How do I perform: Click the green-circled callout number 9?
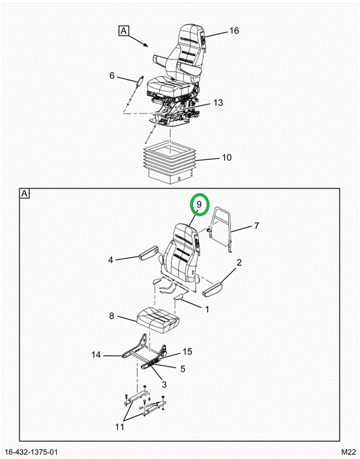click(199, 205)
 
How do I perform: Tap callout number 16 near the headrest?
click(234, 31)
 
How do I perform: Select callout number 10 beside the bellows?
click(227, 157)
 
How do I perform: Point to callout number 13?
click(218, 103)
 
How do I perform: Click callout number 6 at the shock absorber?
click(112, 75)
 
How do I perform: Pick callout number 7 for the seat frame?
click(256, 226)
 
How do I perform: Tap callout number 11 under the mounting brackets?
click(120, 426)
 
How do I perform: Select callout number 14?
click(96, 355)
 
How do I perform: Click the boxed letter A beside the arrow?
click(124, 31)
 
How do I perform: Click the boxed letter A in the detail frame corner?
click(25, 194)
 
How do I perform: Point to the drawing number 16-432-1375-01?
click(31, 453)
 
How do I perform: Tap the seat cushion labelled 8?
click(157, 319)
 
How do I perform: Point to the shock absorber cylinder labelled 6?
click(140, 80)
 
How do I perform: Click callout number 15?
click(187, 351)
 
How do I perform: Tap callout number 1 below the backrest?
click(207, 309)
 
